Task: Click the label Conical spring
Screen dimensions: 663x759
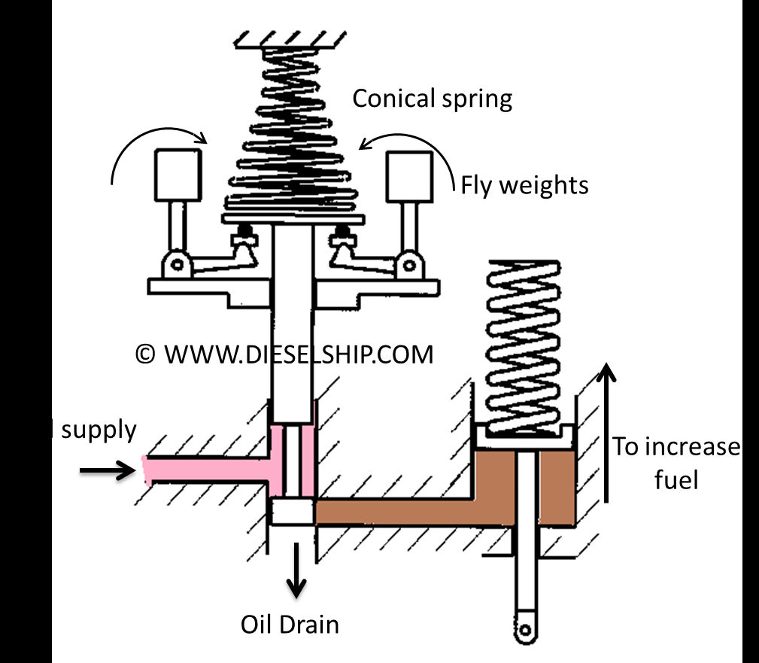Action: coord(433,99)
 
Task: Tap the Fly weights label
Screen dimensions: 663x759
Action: coord(524,184)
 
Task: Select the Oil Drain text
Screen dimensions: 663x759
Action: coord(290,624)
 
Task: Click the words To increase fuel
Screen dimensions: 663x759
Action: coord(675,463)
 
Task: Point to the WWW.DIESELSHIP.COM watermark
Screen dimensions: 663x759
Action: coord(284,354)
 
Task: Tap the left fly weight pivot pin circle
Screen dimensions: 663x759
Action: coord(178,264)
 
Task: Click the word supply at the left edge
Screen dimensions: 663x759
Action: coord(99,430)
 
